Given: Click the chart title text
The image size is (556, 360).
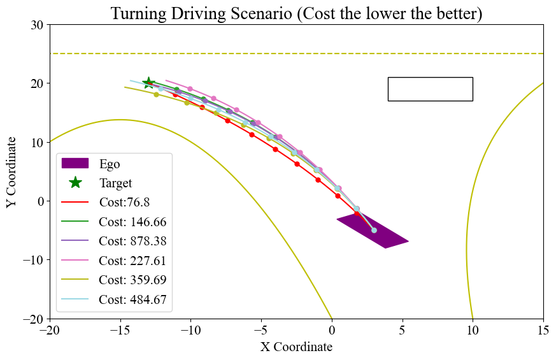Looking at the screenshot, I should [x=296, y=13].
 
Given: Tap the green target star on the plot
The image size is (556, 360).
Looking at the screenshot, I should [x=148, y=83].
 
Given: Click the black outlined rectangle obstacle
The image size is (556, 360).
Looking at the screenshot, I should [x=430, y=89].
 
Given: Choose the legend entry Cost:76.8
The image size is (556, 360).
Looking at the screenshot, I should [x=124, y=202].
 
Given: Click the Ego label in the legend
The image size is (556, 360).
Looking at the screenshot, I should [x=110, y=163].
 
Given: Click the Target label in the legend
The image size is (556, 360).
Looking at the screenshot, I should [x=115, y=183].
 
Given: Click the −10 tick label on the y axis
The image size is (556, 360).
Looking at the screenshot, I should [x=32, y=260].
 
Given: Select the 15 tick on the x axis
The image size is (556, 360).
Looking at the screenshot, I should [x=543, y=330].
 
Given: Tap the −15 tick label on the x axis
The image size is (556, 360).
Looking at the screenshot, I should [x=119, y=330].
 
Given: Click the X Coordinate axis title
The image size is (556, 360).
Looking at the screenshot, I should [x=296, y=347].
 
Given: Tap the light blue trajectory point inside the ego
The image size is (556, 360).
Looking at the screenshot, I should [x=374, y=230].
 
